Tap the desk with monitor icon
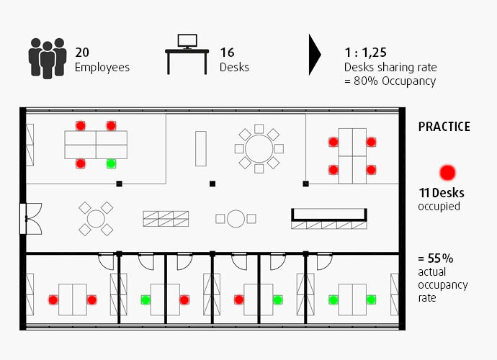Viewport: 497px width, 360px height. coord(187,53)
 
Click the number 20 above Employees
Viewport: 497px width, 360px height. coord(82,53)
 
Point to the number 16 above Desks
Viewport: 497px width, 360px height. coord(227,53)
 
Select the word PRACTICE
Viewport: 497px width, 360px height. coord(444,127)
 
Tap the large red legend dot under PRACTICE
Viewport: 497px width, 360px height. coord(448,172)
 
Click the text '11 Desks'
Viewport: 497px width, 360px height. coord(441,193)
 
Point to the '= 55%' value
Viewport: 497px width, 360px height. coord(435,258)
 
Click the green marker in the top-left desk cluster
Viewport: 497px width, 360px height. coord(111,163)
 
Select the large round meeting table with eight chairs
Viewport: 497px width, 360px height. coord(259,148)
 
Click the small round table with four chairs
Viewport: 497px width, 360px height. coord(96,218)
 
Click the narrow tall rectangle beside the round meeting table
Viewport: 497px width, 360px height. coord(200,147)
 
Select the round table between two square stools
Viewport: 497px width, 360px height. coord(236,218)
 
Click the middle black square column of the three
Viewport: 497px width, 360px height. coord(212,184)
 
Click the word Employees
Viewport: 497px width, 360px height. coord(102,67)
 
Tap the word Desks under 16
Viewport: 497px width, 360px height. coord(234,67)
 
